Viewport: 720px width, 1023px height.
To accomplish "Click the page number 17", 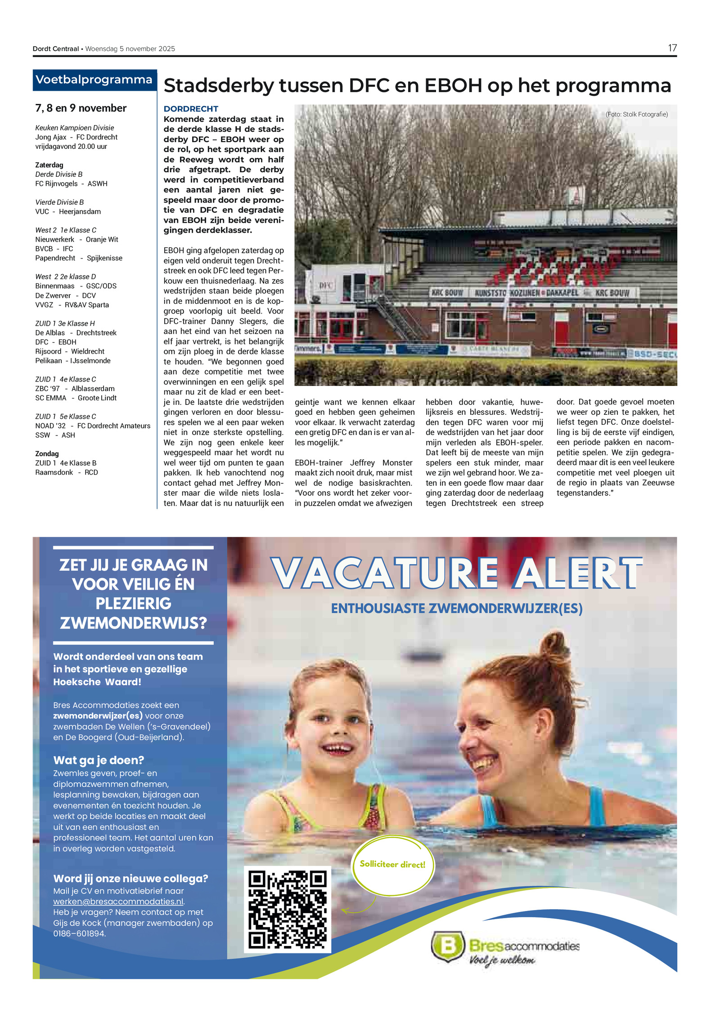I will [x=672, y=48].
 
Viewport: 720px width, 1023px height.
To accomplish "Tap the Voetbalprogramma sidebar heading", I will [x=94, y=80].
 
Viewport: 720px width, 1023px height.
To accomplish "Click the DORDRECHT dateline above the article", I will [x=191, y=109].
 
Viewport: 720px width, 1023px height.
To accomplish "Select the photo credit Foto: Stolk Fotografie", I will [x=636, y=114].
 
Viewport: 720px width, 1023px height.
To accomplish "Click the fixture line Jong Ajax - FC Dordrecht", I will [x=76, y=137].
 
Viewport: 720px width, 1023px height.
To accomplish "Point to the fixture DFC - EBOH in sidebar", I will [x=56, y=342].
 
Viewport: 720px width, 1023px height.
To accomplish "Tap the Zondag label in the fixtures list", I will [x=47, y=453].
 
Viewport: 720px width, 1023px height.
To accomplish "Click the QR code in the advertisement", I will [x=288, y=909].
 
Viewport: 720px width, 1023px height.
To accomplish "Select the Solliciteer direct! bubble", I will [x=392, y=865].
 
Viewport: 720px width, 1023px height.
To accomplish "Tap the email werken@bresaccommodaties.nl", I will [x=118, y=902].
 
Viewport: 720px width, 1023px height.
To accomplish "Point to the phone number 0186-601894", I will [x=79, y=933].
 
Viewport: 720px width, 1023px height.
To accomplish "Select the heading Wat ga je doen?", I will [x=99, y=760].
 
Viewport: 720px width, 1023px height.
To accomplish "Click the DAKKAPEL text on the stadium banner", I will [x=562, y=293].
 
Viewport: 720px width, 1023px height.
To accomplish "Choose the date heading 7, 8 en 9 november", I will [x=81, y=108].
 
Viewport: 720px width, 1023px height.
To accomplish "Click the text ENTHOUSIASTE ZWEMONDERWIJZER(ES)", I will [x=457, y=608].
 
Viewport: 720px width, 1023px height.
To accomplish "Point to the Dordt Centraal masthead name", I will [x=56, y=49].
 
